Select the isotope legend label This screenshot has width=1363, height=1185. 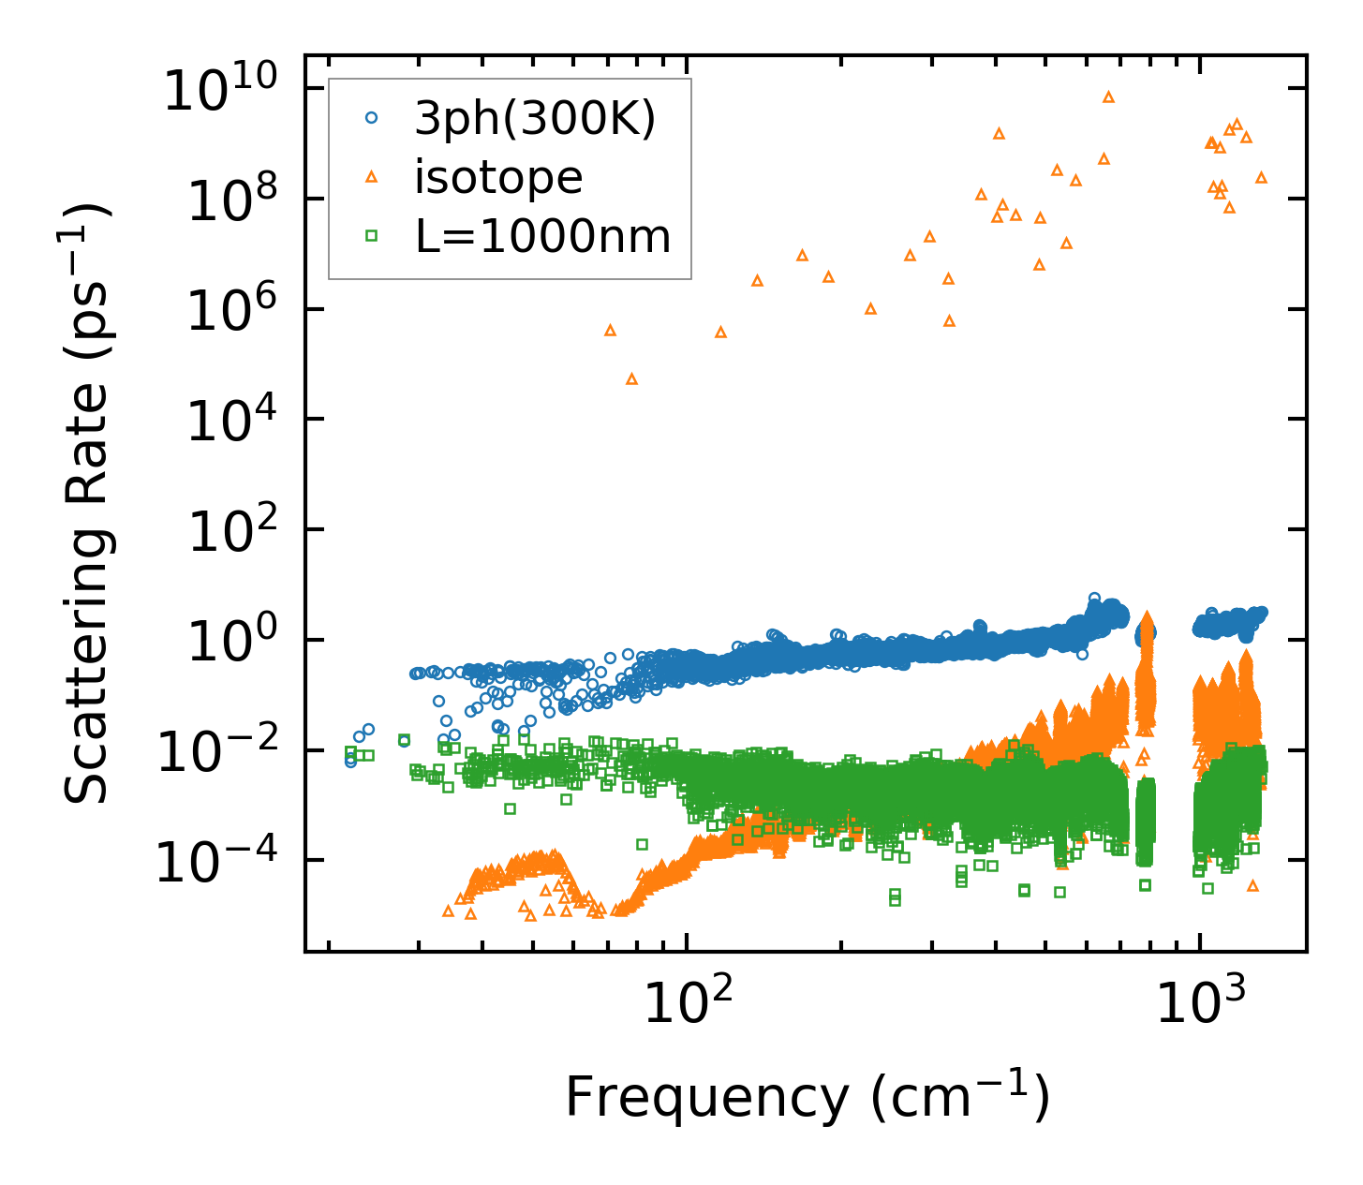[x=498, y=177]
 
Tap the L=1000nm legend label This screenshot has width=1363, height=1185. [x=542, y=236]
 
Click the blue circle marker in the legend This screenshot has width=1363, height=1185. [x=372, y=118]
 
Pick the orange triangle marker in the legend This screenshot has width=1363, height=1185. [x=372, y=177]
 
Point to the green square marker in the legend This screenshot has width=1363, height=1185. [x=372, y=236]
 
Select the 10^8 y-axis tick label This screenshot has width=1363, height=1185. [x=229, y=202]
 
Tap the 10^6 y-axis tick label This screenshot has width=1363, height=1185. [x=229, y=313]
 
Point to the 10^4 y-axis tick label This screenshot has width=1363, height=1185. [x=229, y=422]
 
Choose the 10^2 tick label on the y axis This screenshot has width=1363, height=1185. [x=229, y=533]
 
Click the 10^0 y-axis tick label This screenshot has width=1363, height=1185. [x=229, y=644]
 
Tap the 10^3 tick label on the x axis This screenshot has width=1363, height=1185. [x=1200, y=1003]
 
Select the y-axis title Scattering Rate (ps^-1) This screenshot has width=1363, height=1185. [x=89, y=504]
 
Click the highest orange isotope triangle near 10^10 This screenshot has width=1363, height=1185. [x=1108, y=96]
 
